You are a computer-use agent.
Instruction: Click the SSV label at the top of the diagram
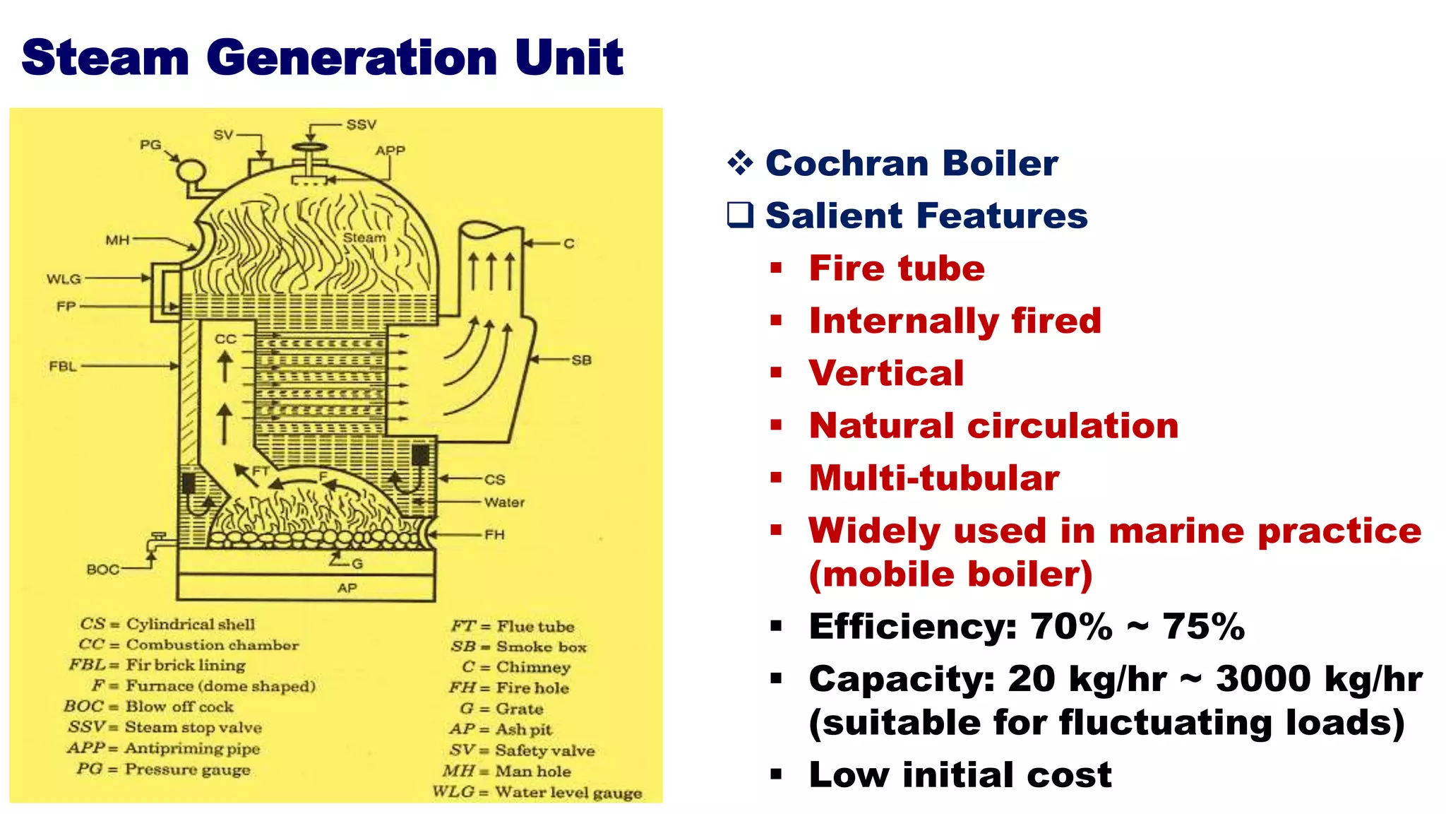tap(361, 125)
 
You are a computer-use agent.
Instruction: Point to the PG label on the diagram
tap(150, 145)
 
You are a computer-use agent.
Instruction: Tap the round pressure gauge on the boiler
tap(191, 172)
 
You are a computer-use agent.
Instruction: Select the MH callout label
tap(117, 240)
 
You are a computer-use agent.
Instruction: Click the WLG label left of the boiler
tap(64, 279)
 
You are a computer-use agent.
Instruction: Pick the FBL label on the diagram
tap(62, 366)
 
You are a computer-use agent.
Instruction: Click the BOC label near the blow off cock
tap(103, 570)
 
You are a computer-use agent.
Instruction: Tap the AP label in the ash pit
tap(347, 588)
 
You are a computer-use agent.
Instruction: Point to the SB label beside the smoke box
tap(581, 360)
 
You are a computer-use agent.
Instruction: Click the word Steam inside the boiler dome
tap(364, 237)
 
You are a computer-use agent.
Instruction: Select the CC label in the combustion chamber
tap(225, 339)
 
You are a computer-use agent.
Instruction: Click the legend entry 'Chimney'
tap(533, 667)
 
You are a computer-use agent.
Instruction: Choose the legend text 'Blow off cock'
tap(179, 707)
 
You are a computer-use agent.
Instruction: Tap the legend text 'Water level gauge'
tap(568, 792)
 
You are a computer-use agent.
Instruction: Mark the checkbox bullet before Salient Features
tap(741, 214)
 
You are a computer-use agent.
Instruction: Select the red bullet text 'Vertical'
tap(886, 373)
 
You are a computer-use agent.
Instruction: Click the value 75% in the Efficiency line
tap(1203, 626)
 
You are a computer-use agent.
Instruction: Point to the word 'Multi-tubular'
tap(934, 478)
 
